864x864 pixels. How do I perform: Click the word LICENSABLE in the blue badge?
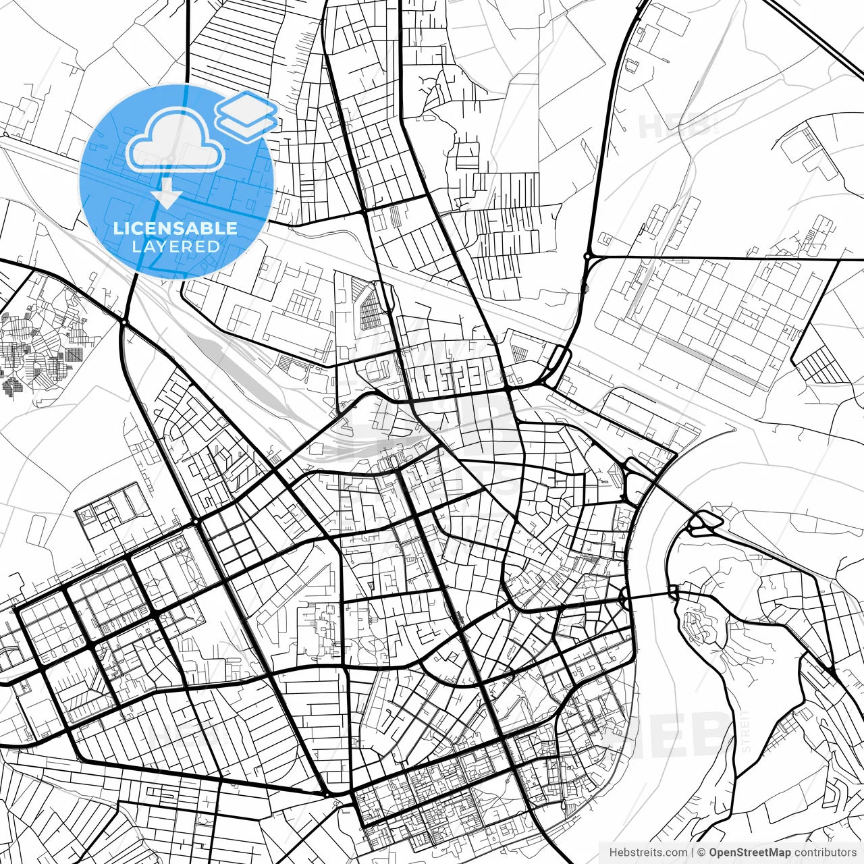175,228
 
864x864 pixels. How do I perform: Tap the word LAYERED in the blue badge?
175,246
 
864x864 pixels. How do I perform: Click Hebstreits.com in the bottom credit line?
648,853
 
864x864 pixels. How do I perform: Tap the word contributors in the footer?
825,853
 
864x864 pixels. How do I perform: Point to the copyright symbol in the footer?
701,853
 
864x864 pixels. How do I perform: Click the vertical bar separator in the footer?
693,853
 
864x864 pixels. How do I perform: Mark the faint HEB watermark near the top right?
675,126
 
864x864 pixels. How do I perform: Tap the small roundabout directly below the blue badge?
124,323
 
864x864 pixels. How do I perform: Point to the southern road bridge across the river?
648,595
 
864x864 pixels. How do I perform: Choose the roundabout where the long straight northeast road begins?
588,256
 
